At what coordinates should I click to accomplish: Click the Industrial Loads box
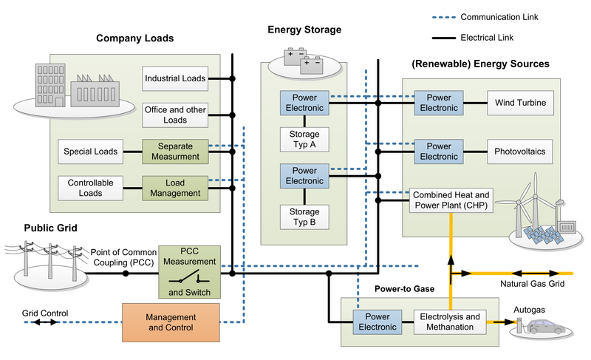click(x=175, y=78)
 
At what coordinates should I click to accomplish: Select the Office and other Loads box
click(x=175, y=115)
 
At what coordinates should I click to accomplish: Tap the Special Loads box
click(x=90, y=152)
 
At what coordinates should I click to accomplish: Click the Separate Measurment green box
click(x=175, y=152)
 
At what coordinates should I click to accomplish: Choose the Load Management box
click(x=175, y=188)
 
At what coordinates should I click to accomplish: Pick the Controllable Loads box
click(x=90, y=188)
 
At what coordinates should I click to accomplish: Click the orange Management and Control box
click(x=171, y=322)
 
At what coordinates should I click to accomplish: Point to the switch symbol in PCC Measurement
click(x=189, y=277)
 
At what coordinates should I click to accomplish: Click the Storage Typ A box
click(x=304, y=140)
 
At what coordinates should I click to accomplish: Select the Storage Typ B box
click(x=304, y=217)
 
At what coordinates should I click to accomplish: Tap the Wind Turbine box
click(x=521, y=103)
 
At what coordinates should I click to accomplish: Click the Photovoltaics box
click(x=520, y=152)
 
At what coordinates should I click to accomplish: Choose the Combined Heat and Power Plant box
click(x=451, y=200)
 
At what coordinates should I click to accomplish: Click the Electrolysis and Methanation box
click(x=450, y=322)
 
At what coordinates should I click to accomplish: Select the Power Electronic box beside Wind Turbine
click(x=439, y=103)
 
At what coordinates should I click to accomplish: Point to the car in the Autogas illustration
click(x=547, y=327)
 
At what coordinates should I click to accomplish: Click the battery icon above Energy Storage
click(x=304, y=61)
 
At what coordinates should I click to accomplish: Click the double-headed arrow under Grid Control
click(x=45, y=322)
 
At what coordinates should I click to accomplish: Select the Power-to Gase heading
click(x=404, y=289)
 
